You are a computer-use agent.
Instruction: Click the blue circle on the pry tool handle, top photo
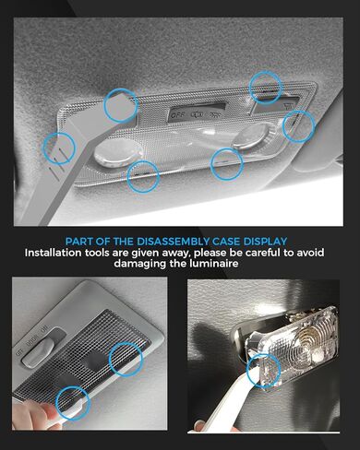[59, 146]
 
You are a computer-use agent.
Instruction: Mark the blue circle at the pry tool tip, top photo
[120, 106]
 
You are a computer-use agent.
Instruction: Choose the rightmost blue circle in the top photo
[298, 126]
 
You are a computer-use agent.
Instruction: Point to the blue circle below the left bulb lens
[143, 175]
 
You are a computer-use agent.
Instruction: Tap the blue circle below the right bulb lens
[227, 164]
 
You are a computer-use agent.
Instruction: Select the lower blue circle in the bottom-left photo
[72, 401]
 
